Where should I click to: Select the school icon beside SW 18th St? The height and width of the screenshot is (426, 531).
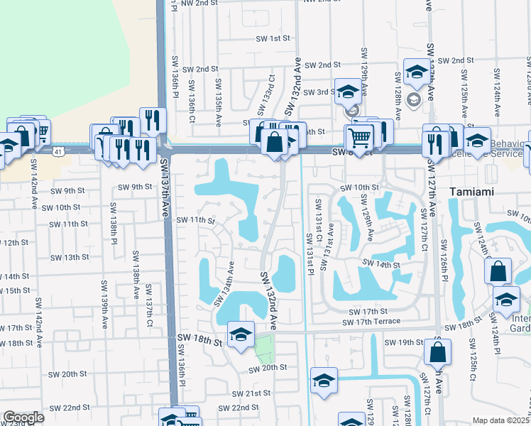tap(241, 334)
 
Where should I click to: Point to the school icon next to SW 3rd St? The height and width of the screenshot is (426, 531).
tap(348, 92)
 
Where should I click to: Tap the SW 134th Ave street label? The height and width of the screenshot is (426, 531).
tap(224, 283)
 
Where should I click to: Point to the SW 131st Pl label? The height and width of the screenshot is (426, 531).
tap(310, 252)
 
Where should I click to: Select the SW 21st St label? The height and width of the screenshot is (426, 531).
tap(253, 393)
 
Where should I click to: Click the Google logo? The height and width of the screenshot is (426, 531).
tap(23, 417)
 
